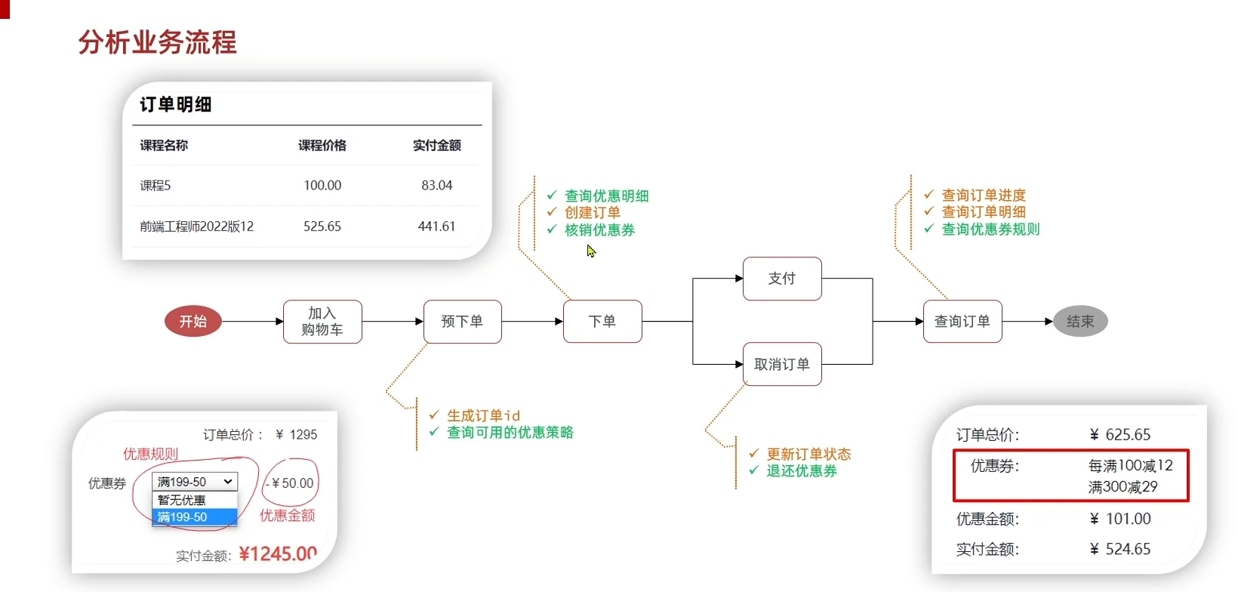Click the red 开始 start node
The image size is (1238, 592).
point(193,322)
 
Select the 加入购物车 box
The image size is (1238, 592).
point(322,322)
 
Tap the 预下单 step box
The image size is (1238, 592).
point(462,322)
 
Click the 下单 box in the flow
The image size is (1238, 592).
point(602,322)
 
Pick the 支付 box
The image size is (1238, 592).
point(782,279)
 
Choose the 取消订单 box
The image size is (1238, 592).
point(782,365)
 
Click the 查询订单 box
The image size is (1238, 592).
point(962,322)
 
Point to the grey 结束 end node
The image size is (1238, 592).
point(1080,322)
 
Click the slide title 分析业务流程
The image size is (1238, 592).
point(158,42)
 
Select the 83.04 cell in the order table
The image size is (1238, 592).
point(437,185)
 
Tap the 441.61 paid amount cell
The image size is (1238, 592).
point(437,226)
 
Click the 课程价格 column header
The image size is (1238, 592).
point(322,145)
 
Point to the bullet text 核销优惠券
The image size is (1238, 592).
point(600,230)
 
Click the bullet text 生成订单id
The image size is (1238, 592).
point(483,415)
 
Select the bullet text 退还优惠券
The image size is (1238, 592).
point(802,470)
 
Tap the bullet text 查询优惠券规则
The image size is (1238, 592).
point(990,229)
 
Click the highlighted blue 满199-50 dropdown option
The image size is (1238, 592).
point(194,517)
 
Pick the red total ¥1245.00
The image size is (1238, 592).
point(278,553)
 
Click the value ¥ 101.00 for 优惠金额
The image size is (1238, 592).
point(1120,519)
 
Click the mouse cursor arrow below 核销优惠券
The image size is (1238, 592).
point(591,251)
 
